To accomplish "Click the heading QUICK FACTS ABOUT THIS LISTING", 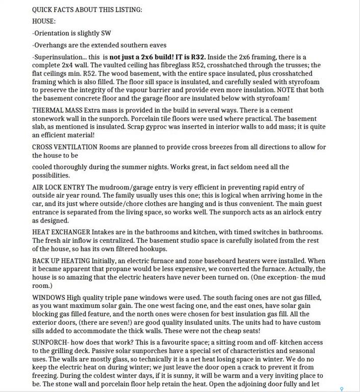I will point(87,10).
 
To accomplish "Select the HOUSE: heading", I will point(44,21).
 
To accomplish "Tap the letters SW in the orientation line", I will point(106,33).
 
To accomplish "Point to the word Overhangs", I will point(50,45).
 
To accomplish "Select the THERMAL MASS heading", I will point(56,111).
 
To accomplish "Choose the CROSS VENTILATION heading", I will point(64,147).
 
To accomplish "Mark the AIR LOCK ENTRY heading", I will point(58,187).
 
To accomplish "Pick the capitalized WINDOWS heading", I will point(48,297).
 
